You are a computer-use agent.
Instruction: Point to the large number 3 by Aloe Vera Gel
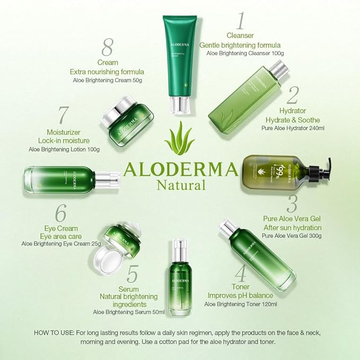pyautogui.click(x=292, y=204)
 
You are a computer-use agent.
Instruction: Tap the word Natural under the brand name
pyautogui.click(x=180, y=185)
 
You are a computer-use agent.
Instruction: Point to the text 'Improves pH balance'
pyautogui.click(x=240, y=295)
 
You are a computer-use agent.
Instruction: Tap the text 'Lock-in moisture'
pyautogui.click(x=64, y=140)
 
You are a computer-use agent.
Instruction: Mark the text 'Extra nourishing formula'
pyautogui.click(x=107, y=71)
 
